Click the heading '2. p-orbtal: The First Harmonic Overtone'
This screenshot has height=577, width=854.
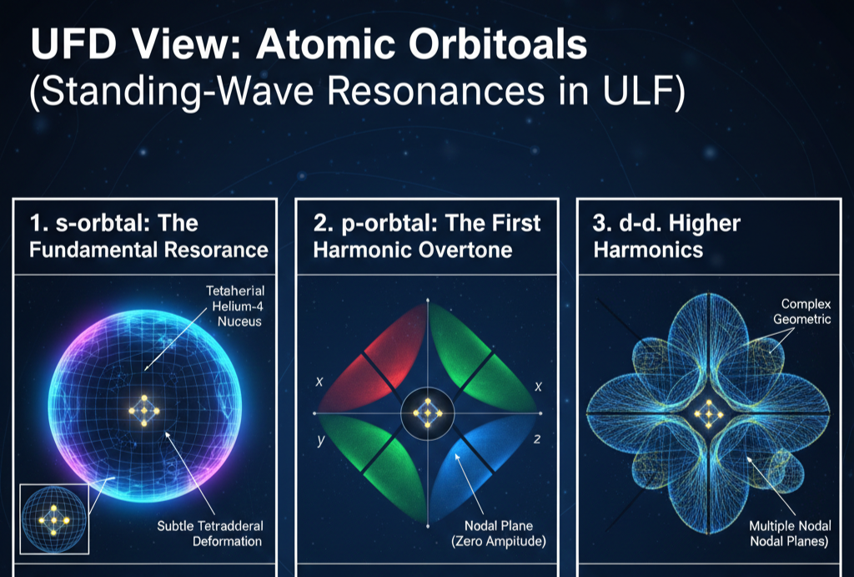pos(427,236)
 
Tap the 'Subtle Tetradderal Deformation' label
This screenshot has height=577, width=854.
pos(210,534)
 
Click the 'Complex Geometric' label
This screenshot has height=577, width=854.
pos(806,311)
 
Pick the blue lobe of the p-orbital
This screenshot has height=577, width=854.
pos(488,468)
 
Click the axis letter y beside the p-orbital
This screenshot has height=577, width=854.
pos(320,439)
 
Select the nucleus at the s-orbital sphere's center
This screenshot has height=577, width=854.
pos(144,410)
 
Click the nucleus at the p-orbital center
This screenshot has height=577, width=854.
pos(427,412)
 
